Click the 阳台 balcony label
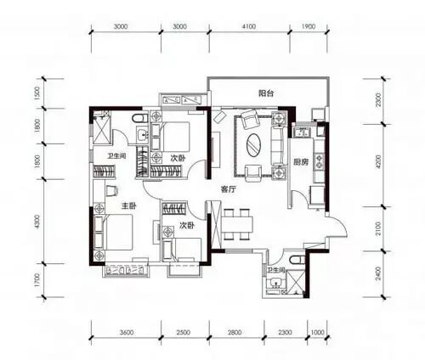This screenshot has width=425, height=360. (266, 93)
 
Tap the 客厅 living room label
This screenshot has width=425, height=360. (229, 189)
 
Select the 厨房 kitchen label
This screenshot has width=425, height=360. (301, 162)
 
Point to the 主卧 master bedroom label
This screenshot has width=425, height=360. (129, 206)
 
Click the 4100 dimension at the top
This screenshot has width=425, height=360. (249, 26)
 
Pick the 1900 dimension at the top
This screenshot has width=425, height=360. (309, 26)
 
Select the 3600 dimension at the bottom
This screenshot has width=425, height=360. (127, 332)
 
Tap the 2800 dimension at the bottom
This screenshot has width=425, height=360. (235, 332)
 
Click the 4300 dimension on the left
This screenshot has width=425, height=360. (37, 222)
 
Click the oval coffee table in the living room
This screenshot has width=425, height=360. (254, 144)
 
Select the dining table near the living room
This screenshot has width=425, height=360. (237, 225)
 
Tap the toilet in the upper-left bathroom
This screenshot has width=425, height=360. (140, 118)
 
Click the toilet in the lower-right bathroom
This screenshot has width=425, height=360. (297, 260)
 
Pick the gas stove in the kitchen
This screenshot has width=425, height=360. (320, 160)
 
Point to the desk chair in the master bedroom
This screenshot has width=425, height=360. (111, 190)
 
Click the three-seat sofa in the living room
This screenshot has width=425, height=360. (277, 145)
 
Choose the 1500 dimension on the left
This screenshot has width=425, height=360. (37, 93)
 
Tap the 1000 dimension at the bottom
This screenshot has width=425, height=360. (318, 332)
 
